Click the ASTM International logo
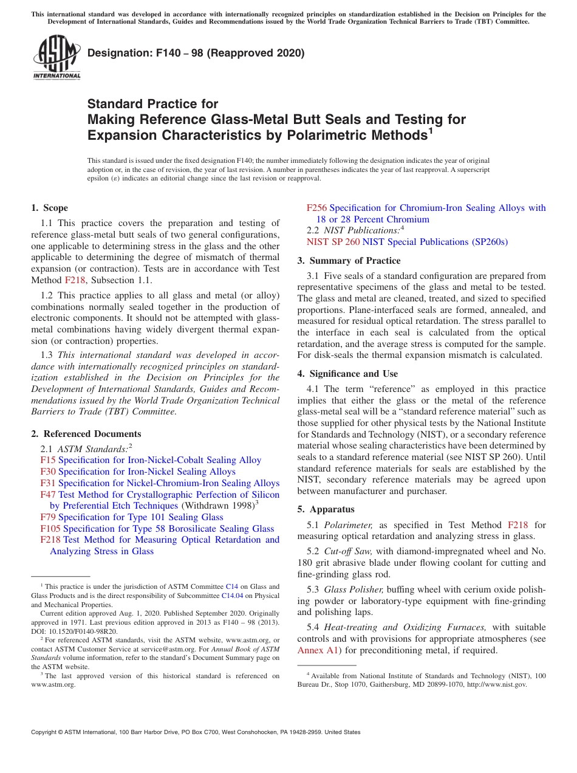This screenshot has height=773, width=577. [56, 59]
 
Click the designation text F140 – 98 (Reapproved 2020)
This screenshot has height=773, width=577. [196, 53]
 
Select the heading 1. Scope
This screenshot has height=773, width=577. [50, 208]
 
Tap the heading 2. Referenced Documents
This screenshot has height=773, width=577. [86, 434]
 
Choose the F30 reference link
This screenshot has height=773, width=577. [47, 472]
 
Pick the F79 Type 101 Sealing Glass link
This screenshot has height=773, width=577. [47, 517]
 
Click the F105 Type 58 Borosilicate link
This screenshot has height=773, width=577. [50, 529]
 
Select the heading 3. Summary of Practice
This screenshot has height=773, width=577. [349, 261]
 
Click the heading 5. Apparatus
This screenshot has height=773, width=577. [326, 509]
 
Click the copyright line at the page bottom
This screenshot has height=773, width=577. [196, 732]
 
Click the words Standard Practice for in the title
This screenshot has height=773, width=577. [152, 104]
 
